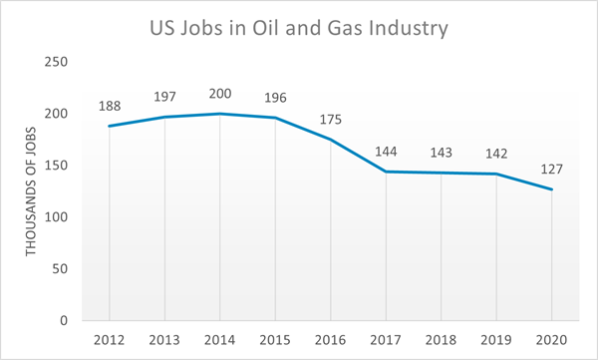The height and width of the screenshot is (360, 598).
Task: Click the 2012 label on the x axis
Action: (109, 339)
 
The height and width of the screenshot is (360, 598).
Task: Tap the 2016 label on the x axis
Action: (330, 339)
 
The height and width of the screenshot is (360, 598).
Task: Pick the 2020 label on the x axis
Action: (551, 339)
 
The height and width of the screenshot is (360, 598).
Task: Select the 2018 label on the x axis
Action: (441, 339)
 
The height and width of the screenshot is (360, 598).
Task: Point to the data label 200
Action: (219, 95)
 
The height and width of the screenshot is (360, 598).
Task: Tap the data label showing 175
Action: (330, 121)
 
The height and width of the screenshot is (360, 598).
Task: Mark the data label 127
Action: (551, 171)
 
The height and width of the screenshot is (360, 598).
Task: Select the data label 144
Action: (386, 153)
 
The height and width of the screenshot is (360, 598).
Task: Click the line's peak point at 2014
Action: (219, 114)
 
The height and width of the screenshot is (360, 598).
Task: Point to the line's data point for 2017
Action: (386, 172)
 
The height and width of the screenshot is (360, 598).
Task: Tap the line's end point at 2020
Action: (551, 189)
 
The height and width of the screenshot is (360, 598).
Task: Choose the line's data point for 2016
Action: (330, 140)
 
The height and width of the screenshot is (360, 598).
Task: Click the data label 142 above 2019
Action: (496, 155)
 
